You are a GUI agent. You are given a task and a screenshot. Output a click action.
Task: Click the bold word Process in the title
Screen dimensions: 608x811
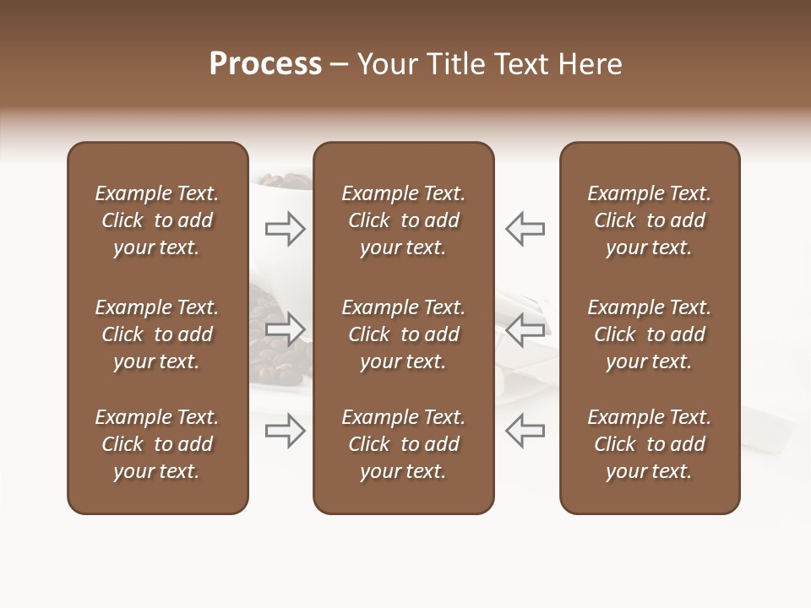click(265, 64)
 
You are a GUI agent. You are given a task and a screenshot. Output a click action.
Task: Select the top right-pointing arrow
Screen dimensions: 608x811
click(286, 228)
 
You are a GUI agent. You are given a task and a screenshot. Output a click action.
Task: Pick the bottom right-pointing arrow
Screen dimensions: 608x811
click(286, 431)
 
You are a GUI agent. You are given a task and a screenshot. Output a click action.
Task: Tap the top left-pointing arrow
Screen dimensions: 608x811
click(525, 228)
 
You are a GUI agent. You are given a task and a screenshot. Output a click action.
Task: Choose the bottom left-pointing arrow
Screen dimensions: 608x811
click(525, 431)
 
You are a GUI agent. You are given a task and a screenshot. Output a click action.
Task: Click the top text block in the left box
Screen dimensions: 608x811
click(157, 220)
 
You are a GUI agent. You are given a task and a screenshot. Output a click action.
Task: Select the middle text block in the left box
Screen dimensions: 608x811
click(157, 334)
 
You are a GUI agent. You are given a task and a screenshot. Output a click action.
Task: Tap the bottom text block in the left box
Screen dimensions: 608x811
click(157, 444)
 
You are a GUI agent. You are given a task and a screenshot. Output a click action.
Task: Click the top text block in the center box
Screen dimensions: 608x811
click(404, 220)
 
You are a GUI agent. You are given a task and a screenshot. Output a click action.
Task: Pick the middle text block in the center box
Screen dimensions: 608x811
click(404, 334)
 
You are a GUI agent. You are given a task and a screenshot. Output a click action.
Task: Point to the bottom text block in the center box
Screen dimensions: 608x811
click(404, 444)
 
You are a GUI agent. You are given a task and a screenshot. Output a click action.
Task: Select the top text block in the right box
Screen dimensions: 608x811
click(650, 220)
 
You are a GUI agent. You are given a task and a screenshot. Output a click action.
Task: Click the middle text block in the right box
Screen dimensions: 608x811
click(650, 334)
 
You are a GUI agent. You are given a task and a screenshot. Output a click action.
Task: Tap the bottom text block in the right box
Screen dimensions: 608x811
click(650, 444)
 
